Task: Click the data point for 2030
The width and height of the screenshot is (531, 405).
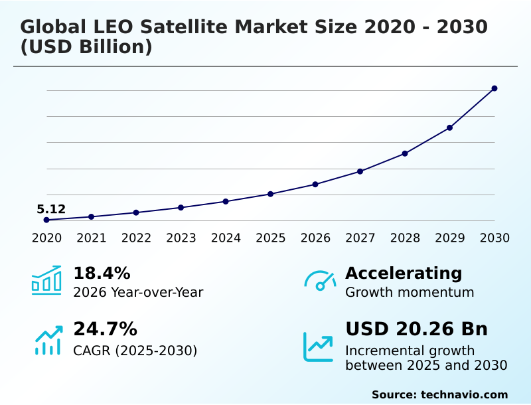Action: (494, 88)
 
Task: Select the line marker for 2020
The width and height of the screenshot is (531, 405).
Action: (46, 220)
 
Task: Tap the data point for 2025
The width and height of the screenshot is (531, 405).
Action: (270, 194)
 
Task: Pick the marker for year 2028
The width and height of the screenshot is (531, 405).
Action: (405, 153)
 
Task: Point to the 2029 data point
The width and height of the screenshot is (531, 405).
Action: (449, 127)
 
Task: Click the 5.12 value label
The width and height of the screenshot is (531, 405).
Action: (51, 210)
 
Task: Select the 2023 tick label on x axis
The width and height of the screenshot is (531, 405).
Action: (181, 238)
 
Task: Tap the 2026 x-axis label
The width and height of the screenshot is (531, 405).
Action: (315, 238)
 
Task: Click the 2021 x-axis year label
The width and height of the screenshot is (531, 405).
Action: (91, 238)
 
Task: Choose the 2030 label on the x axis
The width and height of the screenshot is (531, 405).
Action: (494, 238)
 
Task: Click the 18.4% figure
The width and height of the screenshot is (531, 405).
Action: (102, 274)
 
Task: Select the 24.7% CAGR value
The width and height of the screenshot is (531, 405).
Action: (105, 329)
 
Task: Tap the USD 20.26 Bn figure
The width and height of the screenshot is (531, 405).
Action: (416, 329)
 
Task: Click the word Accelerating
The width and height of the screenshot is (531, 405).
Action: (404, 274)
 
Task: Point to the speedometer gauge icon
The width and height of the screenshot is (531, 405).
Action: (320, 281)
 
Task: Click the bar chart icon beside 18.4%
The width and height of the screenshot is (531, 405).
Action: (46, 280)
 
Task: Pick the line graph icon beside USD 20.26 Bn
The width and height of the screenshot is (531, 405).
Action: (319, 347)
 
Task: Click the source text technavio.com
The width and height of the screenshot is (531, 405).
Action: (464, 394)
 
